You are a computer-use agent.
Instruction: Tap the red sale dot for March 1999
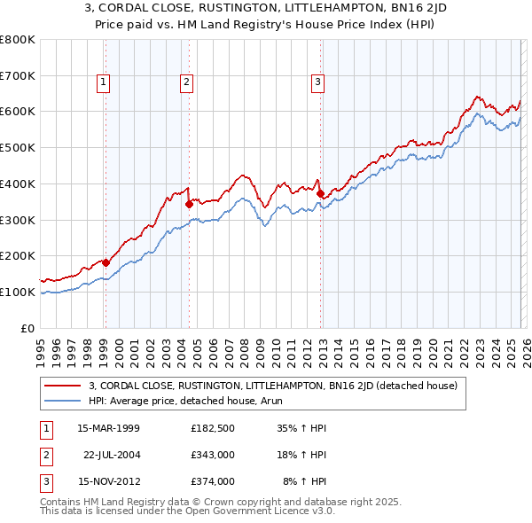click(106, 262)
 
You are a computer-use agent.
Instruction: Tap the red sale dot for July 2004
click(189, 204)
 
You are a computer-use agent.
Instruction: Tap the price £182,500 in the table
click(212, 428)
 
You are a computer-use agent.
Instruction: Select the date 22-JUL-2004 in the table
click(112, 455)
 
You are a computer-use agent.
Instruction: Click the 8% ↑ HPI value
click(304, 481)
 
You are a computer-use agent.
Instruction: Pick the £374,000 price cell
click(212, 481)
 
